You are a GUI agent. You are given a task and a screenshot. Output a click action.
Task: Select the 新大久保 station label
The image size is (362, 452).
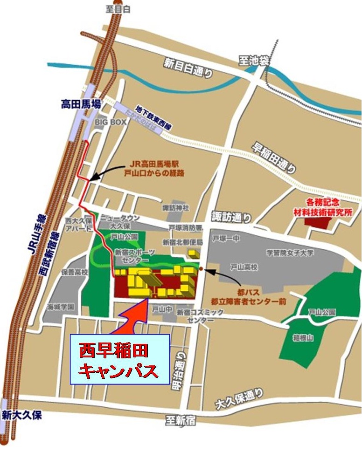[x=22, y=414]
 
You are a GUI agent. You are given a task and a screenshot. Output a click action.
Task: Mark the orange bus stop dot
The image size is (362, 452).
[x=201, y=269]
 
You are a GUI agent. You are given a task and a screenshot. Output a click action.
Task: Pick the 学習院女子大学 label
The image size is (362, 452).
[x=290, y=253]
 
